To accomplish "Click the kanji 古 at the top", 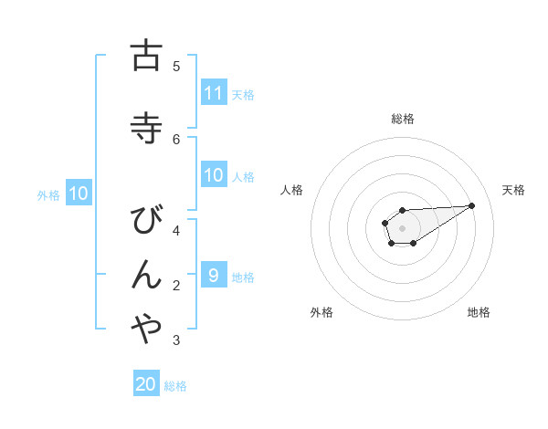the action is tap(145, 56).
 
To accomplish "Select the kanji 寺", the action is tap(145, 127).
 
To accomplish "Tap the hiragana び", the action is tap(145, 221).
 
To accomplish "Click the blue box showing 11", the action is tap(214, 92).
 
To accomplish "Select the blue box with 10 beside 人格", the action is tap(214, 175).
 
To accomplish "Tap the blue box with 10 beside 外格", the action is tap(79, 194).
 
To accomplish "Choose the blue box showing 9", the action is tap(214, 276).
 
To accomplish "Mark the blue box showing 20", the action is tap(146, 384).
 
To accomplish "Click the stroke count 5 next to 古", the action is tap(176, 66).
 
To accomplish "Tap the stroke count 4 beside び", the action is tap(176, 231).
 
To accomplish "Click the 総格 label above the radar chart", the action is tap(403, 119).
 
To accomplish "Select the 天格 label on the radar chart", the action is tap(513, 190).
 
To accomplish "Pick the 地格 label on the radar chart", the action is tap(479, 312).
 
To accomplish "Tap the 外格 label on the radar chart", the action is tap(321, 312).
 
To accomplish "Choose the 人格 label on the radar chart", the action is tap(291, 190).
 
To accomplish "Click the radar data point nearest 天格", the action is tap(471, 204).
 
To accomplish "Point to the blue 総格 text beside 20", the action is tap(175, 386).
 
